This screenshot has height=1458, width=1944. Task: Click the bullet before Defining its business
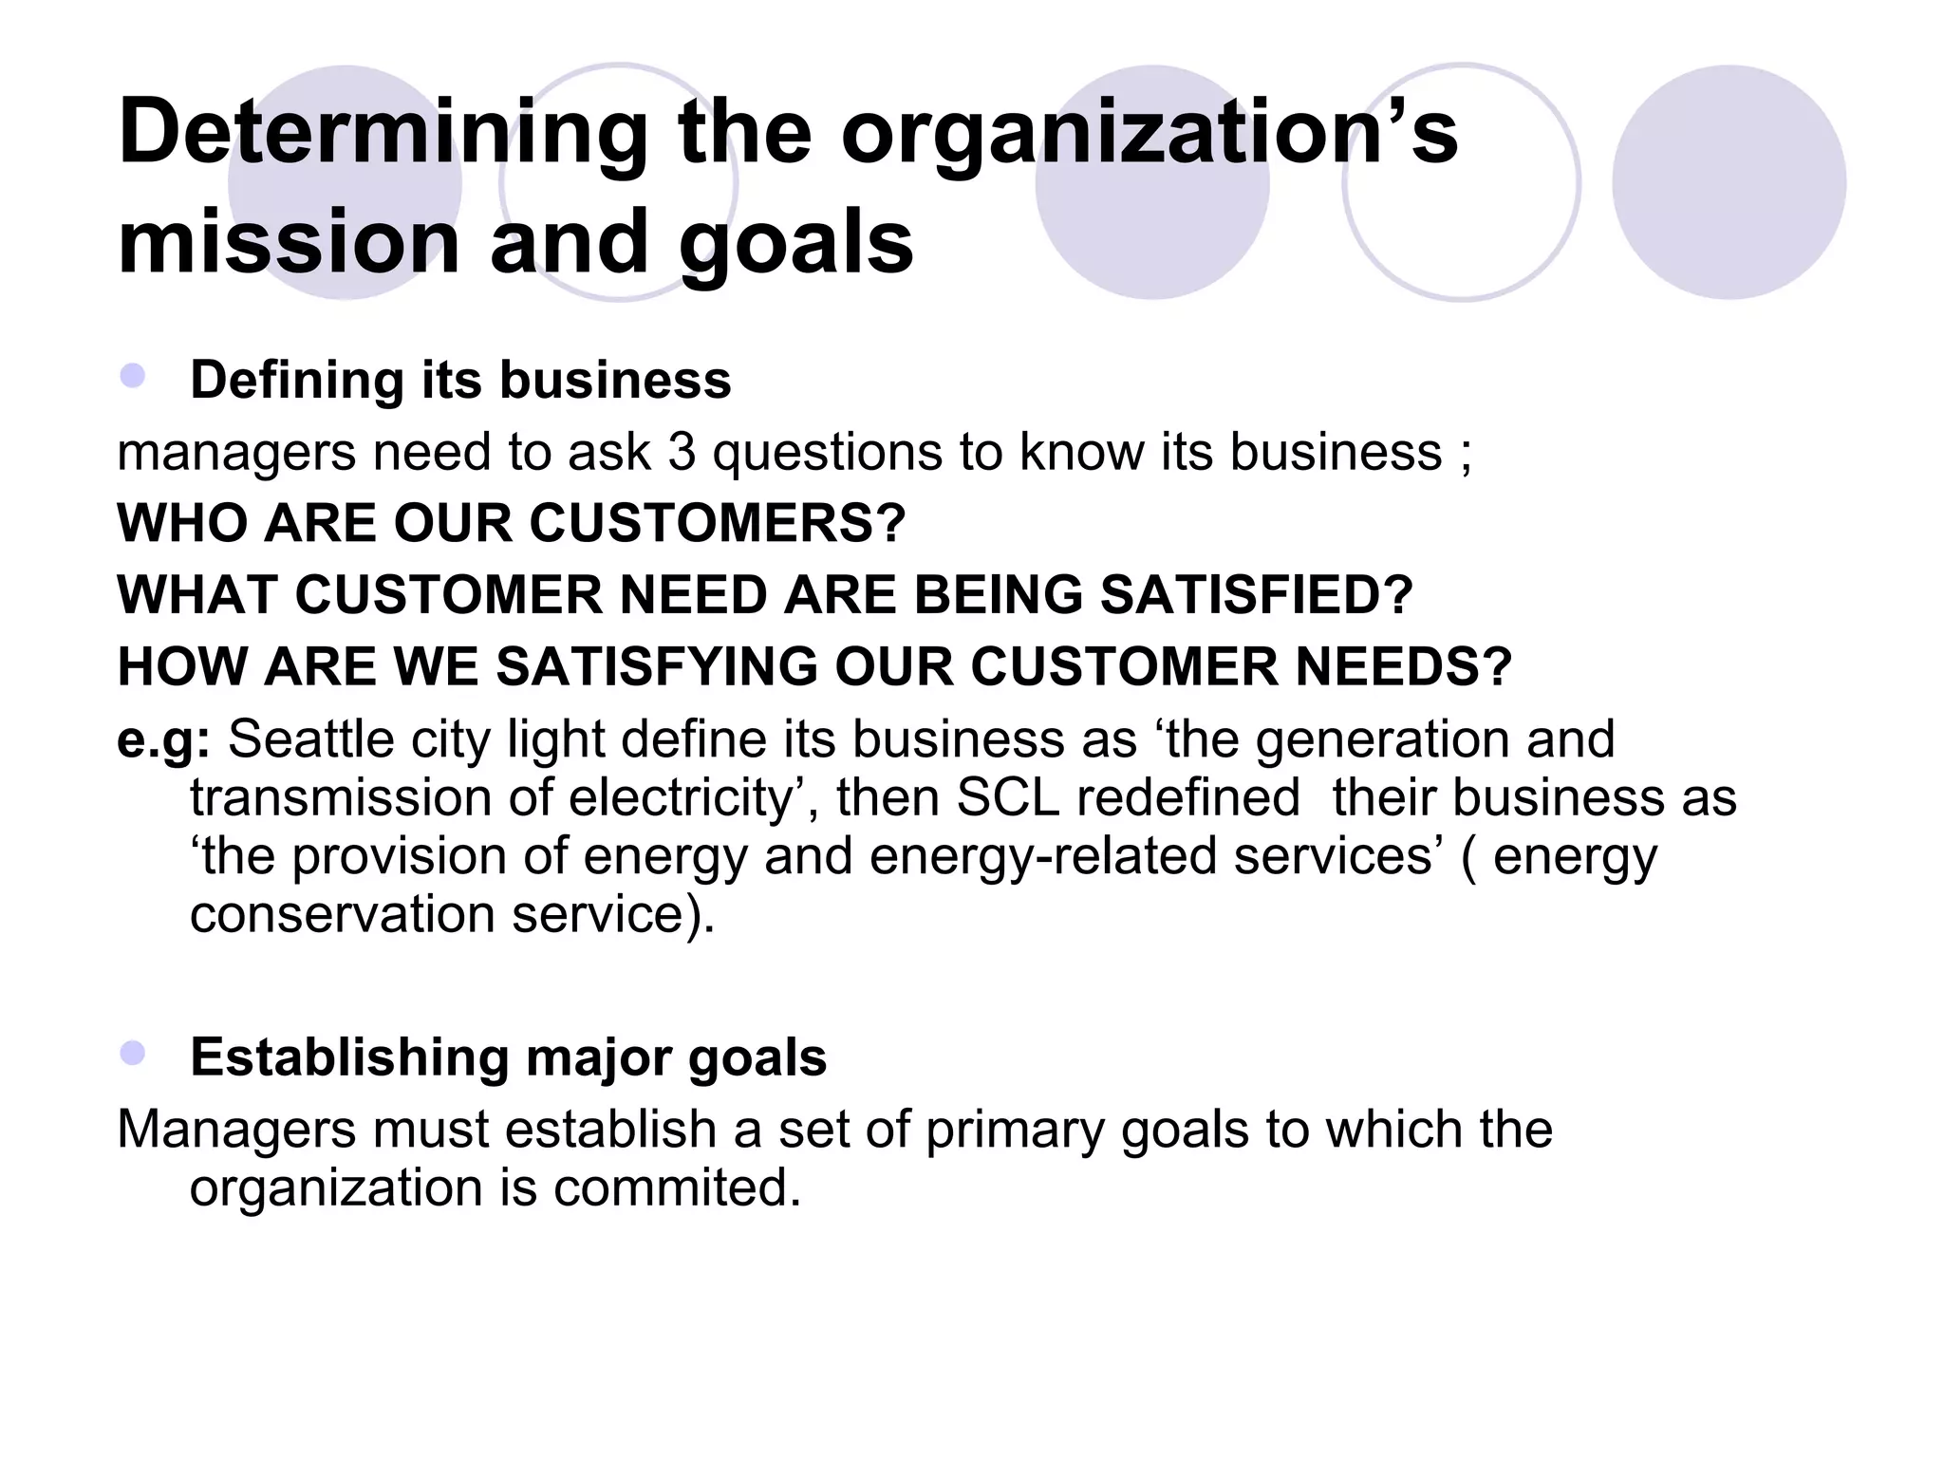132,376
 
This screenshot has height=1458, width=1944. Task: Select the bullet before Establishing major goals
132,1053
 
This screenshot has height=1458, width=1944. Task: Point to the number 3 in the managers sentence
682,452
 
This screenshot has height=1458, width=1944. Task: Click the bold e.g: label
162,739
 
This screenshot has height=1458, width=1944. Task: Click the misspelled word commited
677,1188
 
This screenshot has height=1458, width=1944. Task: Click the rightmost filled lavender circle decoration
1729,182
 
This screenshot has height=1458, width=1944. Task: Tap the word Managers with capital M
234,1131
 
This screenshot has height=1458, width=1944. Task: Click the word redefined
1187,797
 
